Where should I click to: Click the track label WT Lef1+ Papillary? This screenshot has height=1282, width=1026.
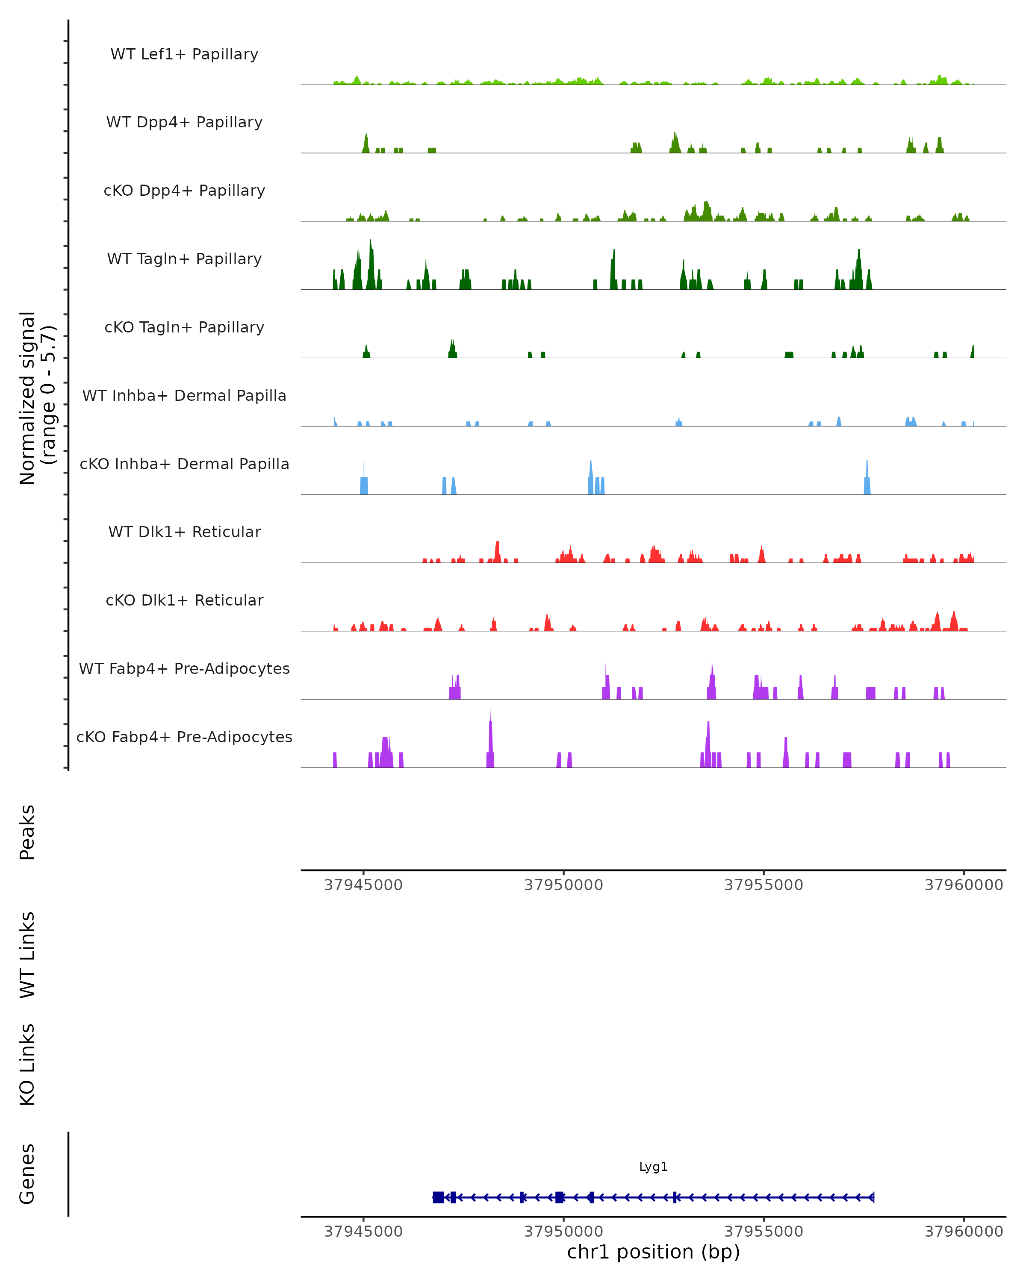point(184,54)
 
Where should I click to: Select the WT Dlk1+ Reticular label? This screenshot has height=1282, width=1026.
point(184,532)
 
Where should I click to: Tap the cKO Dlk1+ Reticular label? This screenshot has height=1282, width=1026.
point(184,600)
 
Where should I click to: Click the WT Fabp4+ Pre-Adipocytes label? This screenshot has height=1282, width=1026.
point(184,668)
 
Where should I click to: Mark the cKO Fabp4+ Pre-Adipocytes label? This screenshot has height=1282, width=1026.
point(184,737)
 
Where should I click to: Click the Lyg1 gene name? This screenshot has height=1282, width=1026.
point(653,1167)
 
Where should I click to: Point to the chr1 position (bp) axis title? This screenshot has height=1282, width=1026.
point(653,1252)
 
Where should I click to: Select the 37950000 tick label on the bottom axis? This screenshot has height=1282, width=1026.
point(563,1232)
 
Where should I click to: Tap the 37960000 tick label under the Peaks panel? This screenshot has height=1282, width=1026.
point(964,885)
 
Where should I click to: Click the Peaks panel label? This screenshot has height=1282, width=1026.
point(27,832)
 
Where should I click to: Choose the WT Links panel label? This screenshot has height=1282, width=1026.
point(27,954)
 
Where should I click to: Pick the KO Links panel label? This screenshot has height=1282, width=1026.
point(27,1064)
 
